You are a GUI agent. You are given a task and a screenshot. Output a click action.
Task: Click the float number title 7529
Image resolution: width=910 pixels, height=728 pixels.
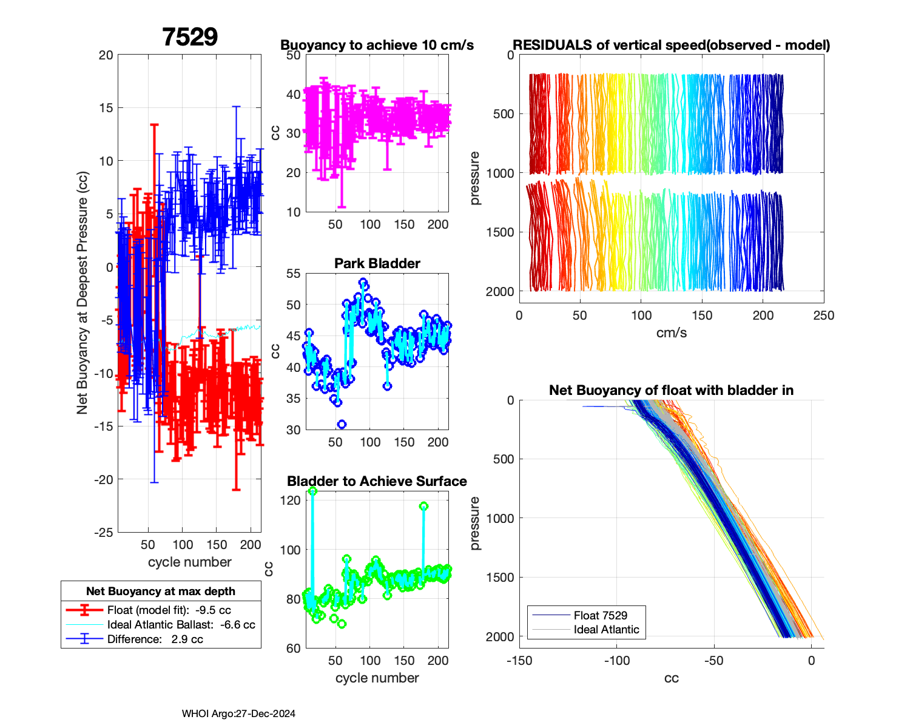click(190, 38)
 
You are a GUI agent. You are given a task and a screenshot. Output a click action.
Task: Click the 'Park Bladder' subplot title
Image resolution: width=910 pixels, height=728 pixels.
click(377, 263)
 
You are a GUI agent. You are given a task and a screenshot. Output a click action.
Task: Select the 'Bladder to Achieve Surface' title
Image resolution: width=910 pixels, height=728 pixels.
click(377, 481)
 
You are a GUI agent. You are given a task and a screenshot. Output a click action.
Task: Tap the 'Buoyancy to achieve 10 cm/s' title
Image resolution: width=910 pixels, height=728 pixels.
click(377, 45)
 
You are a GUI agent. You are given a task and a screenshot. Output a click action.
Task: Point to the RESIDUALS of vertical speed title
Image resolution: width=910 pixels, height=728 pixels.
click(671, 45)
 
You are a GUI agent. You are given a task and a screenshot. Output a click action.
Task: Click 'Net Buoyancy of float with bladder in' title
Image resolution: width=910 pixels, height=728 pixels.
click(671, 390)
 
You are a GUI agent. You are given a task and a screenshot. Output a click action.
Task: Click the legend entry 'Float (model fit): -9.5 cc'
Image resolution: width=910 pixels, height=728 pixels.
click(169, 610)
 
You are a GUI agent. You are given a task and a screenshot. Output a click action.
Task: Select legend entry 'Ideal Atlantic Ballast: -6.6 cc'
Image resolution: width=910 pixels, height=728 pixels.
click(181, 625)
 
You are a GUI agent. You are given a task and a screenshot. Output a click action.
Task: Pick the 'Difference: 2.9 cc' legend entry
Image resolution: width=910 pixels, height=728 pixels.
click(155, 639)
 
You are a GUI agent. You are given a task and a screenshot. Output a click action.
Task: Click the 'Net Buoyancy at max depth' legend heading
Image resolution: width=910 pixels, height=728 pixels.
click(161, 591)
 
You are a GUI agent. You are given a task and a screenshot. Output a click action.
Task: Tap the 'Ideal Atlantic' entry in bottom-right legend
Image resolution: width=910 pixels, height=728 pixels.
click(606, 630)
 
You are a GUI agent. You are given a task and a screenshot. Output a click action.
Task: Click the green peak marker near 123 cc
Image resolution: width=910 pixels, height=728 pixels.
click(312, 491)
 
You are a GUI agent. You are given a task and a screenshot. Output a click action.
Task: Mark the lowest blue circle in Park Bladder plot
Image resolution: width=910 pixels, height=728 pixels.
click(342, 424)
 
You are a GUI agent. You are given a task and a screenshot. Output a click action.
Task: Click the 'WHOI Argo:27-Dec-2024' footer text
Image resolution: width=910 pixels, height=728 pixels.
click(238, 714)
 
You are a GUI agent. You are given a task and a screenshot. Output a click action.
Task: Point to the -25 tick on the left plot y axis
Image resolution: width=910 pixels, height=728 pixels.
click(105, 532)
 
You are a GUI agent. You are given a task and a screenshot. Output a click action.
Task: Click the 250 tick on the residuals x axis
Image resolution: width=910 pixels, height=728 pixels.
click(824, 315)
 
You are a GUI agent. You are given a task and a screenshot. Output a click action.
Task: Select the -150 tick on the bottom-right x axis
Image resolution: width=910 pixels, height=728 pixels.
click(519, 661)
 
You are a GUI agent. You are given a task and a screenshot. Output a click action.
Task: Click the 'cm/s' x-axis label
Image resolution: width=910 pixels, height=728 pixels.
click(671, 333)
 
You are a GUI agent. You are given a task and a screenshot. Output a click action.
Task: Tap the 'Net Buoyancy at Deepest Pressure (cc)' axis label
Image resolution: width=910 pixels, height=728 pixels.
click(83, 293)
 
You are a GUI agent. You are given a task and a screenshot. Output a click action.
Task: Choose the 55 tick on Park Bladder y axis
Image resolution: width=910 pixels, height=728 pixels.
click(293, 274)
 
